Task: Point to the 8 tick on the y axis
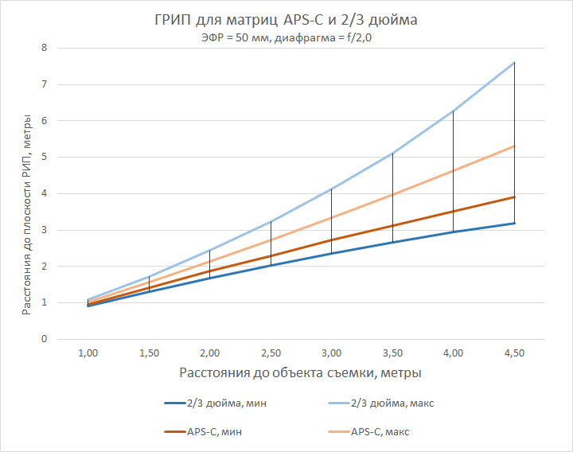tap(67, 48)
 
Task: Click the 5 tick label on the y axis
tap(67, 157)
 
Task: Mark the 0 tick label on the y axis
tap(67, 339)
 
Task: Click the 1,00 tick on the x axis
tap(88, 353)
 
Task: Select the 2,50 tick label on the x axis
tap(271, 353)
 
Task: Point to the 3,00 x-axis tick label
tap(332, 353)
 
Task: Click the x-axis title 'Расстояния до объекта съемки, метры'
tap(300, 372)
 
